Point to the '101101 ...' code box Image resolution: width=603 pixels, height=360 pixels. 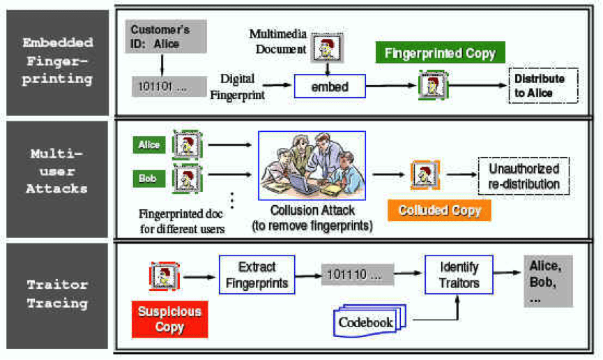(x=168, y=87)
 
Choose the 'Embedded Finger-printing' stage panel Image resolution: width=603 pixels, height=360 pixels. (x=57, y=61)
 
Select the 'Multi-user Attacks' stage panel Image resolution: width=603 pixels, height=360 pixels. (x=57, y=179)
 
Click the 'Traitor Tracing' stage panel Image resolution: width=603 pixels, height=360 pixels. (x=57, y=294)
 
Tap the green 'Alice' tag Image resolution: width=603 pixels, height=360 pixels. (x=148, y=145)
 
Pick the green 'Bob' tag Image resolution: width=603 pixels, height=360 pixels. (x=148, y=179)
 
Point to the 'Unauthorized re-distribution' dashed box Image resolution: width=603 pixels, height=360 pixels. (x=524, y=176)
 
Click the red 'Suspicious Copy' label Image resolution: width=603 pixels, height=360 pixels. (x=169, y=319)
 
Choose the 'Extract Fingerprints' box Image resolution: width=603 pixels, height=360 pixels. (x=257, y=275)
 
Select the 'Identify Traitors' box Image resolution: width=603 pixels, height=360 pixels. (x=459, y=275)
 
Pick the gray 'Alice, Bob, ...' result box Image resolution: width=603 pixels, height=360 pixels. (x=548, y=280)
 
